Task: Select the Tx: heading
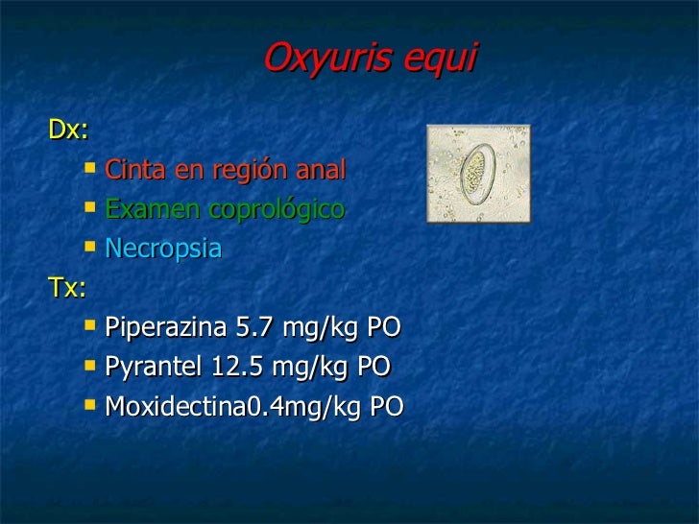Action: [67, 287]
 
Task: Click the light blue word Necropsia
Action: [163, 249]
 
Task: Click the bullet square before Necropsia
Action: [90, 248]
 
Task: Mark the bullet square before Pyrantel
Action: [90, 366]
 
